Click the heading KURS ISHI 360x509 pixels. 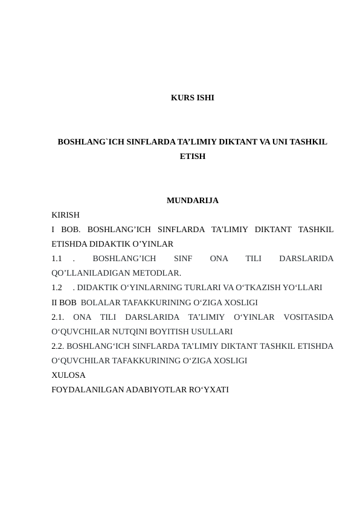[x=192, y=97]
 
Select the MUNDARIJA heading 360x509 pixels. [x=192, y=200]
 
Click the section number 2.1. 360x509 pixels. [x=59, y=317]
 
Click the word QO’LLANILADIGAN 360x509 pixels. [x=94, y=273]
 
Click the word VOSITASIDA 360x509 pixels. [x=308, y=317]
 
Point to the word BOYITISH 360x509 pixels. [x=166, y=331]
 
